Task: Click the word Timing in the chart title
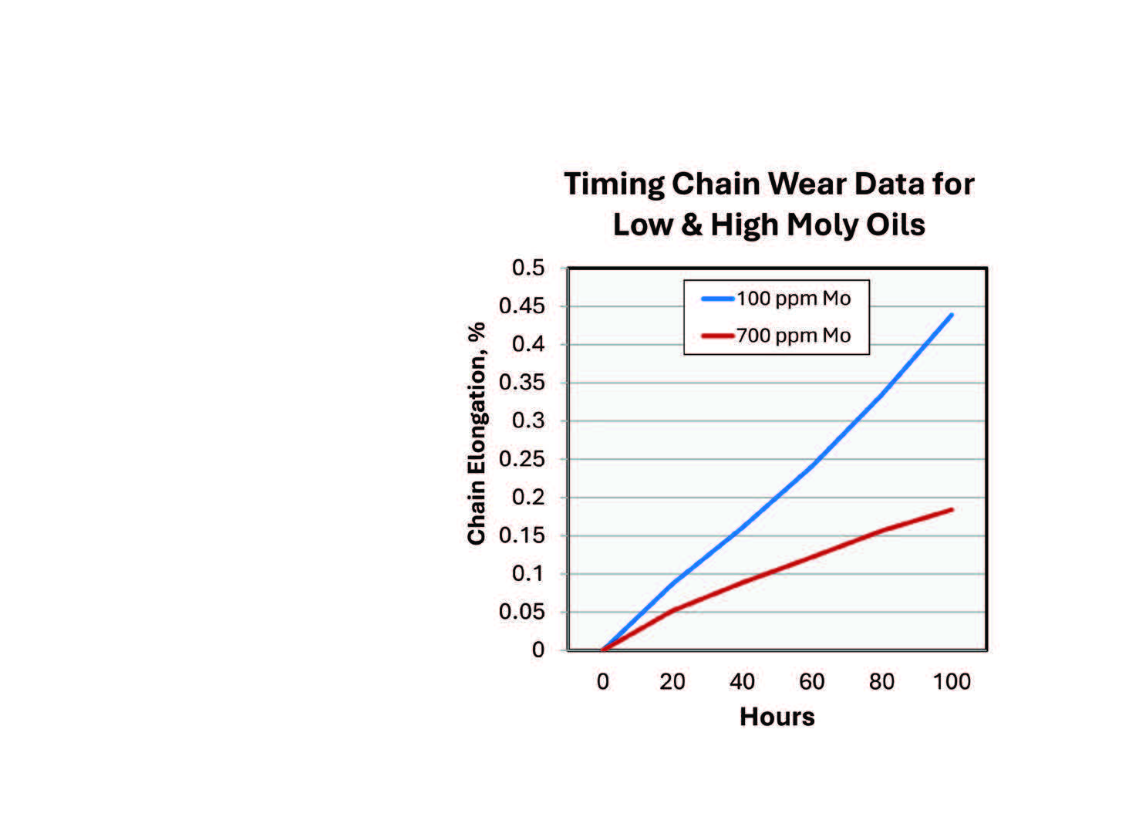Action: (x=613, y=185)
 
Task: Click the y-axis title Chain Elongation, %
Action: (x=477, y=434)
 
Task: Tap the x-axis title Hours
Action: (x=777, y=717)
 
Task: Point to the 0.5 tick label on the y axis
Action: (x=528, y=268)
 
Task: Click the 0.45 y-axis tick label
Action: (x=522, y=306)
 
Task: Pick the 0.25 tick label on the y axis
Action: (x=522, y=459)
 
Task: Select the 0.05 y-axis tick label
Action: (x=522, y=612)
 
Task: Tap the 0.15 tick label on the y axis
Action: (x=522, y=535)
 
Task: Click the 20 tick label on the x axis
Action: (x=672, y=681)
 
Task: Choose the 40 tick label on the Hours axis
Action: (x=742, y=681)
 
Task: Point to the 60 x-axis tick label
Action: (x=812, y=681)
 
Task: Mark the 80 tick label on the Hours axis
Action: (x=881, y=681)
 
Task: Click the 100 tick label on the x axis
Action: (x=952, y=681)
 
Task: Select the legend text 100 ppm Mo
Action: (x=794, y=299)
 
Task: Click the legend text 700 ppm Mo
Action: (x=794, y=336)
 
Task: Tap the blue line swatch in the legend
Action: (x=717, y=299)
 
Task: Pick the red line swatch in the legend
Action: (x=717, y=336)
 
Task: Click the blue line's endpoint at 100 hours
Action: (x=952, y=315)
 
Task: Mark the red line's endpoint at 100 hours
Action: (x=952, y=509)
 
